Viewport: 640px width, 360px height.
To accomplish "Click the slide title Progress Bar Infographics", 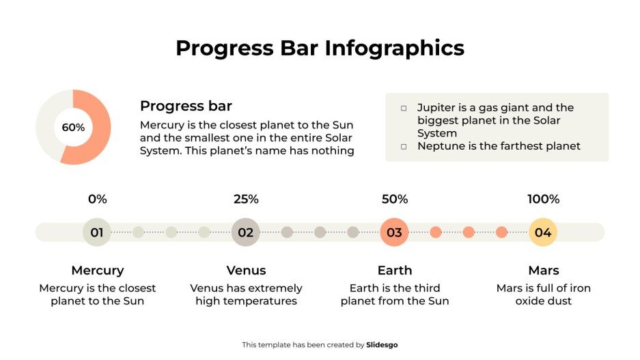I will [320, 48].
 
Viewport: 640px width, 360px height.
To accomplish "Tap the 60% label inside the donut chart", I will [73, 128].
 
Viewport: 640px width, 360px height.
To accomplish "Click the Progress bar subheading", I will [186, 106].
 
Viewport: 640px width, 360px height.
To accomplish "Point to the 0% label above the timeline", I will [97, 199].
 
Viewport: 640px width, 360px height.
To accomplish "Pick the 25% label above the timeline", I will [246, 199].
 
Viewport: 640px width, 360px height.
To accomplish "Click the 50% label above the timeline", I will [394, 199].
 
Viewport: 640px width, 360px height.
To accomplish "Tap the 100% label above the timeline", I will [543, 199].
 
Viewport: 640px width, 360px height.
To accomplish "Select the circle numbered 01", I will [97, 232].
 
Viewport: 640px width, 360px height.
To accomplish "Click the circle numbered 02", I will [246, 232].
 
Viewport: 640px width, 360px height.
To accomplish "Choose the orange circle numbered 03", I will [394, 232].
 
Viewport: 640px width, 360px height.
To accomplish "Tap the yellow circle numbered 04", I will [543, 232].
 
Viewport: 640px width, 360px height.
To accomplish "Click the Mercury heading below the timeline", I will [97, 270].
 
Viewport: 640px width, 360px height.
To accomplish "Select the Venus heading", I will [246, 270].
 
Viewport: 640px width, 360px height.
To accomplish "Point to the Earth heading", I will [394, 270].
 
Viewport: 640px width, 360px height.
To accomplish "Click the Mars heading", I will [543, 270].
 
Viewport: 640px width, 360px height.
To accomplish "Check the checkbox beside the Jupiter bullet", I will [404, 108].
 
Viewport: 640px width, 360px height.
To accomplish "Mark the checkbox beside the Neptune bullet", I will [404, 146].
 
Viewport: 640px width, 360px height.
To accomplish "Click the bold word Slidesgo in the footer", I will [382, 345].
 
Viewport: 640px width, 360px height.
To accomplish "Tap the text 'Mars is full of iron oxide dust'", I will [543, 294].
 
